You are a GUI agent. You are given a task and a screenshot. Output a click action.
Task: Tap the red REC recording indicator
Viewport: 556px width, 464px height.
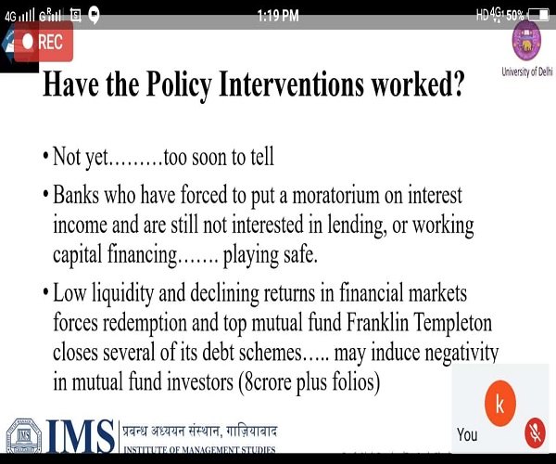[x=44, y=42]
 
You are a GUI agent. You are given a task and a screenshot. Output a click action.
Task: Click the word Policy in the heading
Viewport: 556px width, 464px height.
[x=179, y=84]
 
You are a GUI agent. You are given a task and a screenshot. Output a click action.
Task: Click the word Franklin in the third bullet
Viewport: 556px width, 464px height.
[x=377, y=322]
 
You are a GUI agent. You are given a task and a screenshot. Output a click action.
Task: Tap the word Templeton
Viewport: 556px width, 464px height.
[x=453, y=323]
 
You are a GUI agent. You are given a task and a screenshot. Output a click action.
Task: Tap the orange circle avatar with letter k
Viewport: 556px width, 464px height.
[x=500, y=404]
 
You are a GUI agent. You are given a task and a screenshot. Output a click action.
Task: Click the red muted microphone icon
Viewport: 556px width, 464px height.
[x=535, y=433]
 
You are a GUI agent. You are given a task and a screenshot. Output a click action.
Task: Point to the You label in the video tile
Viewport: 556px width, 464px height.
[x=467, y=434]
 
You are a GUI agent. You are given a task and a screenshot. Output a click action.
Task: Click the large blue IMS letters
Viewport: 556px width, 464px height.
[x=80, y=436]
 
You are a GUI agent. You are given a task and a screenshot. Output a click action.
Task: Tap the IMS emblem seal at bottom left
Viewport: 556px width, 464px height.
[x=24, y=436]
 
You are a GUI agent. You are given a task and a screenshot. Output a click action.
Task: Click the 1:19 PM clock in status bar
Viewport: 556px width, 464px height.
[x=278, y=16]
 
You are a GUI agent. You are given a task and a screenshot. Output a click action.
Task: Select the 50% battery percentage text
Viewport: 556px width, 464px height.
[x=515, y=15]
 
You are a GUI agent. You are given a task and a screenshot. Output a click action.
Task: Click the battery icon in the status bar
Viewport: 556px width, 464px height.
[x=539, y=15]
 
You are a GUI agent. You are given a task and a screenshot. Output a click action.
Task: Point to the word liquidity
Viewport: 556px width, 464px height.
[x=122, y=294]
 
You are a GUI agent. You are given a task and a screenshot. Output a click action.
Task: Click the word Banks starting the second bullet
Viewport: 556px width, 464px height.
[x=76, y=195]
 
